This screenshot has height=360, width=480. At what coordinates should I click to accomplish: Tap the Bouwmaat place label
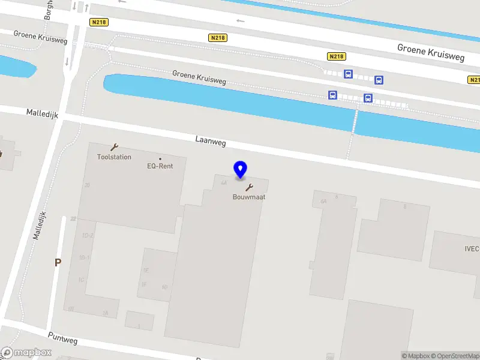[x=249, y=197]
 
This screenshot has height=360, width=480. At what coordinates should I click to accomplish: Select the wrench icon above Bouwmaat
[x=249, y=187]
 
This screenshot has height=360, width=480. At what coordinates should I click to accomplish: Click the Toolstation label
[x=114, y=157]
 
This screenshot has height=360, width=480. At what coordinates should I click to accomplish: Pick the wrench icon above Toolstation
[x=114, y=147]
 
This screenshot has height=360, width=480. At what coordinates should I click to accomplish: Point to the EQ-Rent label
[x=160, y=166]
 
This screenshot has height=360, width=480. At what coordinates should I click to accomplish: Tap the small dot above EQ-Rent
[x=160, y=159]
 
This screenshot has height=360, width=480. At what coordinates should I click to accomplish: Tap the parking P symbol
[x=58, y=262]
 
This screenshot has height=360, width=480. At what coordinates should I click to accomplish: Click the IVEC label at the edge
[x=472, y=248]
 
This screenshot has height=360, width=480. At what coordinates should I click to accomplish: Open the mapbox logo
[x=26, y=353]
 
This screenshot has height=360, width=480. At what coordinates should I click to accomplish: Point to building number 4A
[x=224, y=182]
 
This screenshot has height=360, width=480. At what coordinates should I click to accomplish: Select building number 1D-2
[x=88, y=235]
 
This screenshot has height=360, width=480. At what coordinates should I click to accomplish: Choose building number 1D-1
[x=85, y=258]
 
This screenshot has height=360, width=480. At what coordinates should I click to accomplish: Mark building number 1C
[x=81, y=280]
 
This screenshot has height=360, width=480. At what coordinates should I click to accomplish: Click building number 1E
[x=145, y=271]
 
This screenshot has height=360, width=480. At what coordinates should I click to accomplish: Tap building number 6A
[x=323, y=202]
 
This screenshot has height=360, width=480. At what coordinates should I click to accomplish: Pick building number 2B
[x=87, y=185]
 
